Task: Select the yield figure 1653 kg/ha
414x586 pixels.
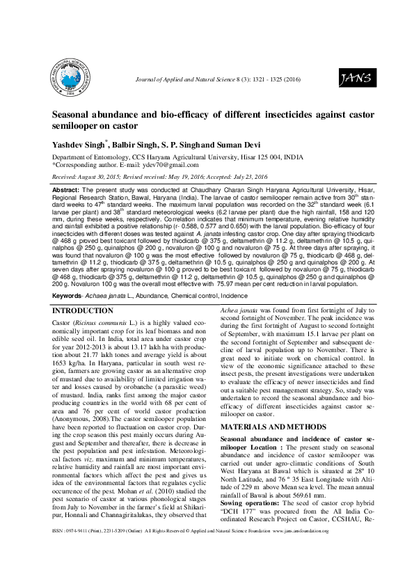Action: point(70,363)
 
